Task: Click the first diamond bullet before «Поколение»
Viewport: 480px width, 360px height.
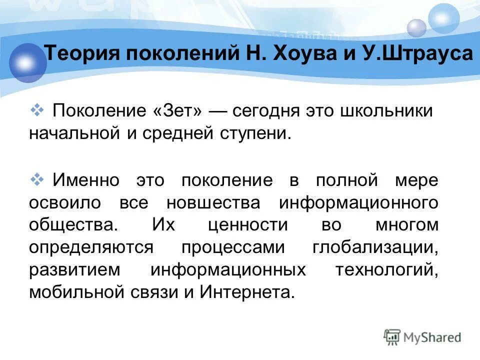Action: (x=38, y=109)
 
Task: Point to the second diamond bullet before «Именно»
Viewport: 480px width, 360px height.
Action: (x=38, y=178)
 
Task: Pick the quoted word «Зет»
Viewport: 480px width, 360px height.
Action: (x=178, y=111)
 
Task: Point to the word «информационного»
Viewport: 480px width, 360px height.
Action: (x=358, y=202)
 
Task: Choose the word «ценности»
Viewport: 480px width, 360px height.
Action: (x=247, y=225)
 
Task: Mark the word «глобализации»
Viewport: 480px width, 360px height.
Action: (x=375, y=247)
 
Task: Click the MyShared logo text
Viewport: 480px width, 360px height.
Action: (x=432, y=337)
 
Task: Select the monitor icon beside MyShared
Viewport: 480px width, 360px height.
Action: (x=392, y=337)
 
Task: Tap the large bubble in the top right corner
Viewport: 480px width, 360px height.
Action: (x=444, y=18)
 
